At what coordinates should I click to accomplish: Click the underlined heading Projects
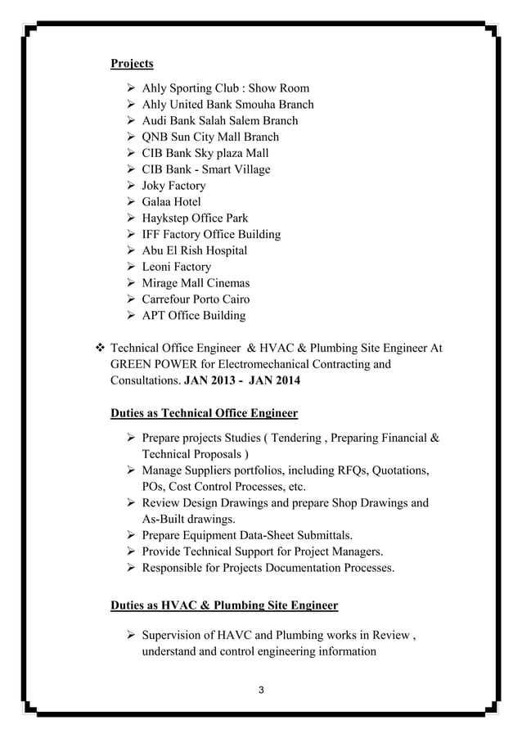point(132,64)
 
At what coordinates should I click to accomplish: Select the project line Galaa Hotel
point(171,202)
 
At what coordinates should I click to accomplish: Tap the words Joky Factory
point(173,186)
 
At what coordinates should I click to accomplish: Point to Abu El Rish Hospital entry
point(194,250)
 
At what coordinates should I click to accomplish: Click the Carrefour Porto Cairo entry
point(196,299)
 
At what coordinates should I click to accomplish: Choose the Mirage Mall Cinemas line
point(196,283)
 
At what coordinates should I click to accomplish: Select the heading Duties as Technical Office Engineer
point(204,412)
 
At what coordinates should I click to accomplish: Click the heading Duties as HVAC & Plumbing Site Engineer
point(223,605)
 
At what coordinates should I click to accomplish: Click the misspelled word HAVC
point(234,637)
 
